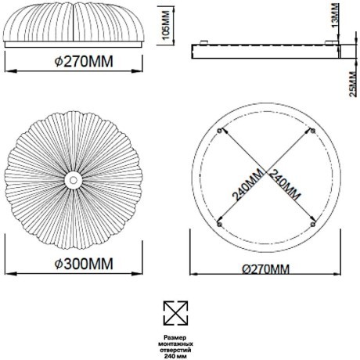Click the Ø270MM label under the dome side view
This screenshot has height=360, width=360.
point(84,62)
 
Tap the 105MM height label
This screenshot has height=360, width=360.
point(166,26)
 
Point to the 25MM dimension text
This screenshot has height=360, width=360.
point(353,84)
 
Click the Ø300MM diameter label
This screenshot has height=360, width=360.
point(84,264)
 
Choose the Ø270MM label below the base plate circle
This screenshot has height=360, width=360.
point(266,269)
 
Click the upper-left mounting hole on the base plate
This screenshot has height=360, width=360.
point(219,131)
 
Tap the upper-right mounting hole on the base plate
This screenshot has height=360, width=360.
point(313,131)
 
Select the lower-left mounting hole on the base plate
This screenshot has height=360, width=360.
point(219,225)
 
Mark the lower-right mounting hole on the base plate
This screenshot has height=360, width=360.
point(313,225)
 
